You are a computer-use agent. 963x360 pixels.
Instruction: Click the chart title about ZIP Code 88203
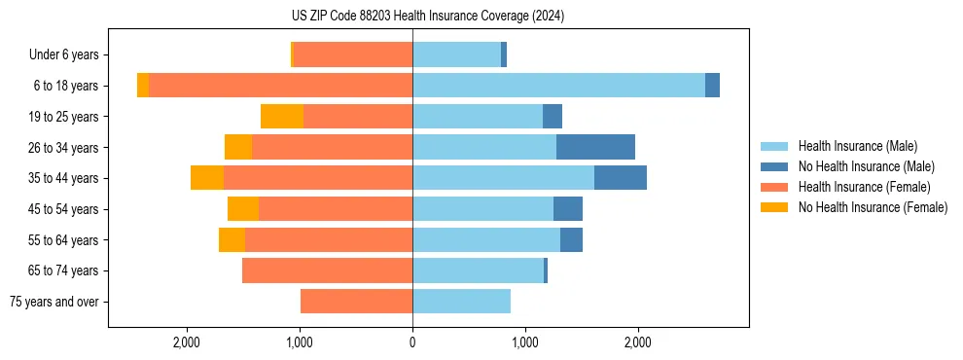(428, 17)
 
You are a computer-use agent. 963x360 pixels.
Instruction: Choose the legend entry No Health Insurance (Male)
(866, 166)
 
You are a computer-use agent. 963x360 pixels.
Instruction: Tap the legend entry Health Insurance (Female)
(864, 187)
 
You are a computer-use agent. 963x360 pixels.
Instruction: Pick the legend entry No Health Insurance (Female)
(873, 207)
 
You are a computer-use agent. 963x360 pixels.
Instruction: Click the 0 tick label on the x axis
(412, 343)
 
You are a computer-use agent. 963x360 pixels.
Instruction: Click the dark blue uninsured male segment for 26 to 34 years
(595, 147)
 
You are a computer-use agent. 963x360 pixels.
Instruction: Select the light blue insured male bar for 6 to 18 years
(558, 86)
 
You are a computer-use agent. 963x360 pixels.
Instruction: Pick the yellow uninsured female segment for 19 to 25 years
(282, 117)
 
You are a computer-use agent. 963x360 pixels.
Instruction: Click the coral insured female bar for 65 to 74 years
(327, 270)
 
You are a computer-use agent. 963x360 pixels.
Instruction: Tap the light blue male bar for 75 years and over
(461, 302)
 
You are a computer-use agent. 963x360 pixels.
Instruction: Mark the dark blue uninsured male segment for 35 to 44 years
(621, 178)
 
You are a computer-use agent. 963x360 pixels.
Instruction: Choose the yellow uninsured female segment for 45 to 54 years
(243, 209)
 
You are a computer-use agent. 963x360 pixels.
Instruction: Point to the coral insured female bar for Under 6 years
(352, 54)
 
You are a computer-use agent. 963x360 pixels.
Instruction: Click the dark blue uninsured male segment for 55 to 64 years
(571, 239)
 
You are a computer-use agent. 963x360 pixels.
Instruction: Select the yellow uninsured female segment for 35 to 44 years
(207, 178)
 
